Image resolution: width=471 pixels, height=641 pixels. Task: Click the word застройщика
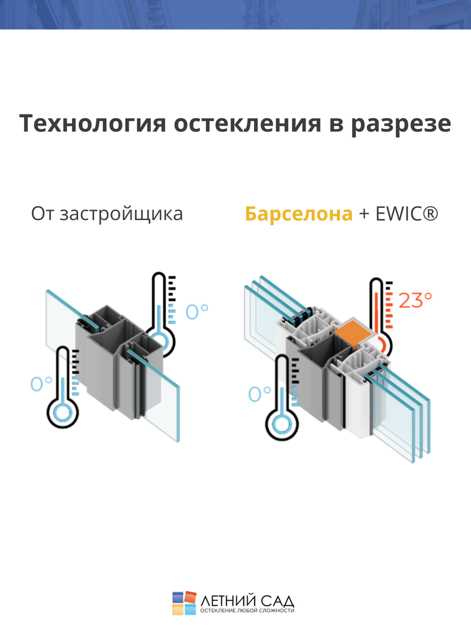click(121, 214)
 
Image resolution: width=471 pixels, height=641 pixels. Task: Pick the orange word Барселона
click(299, 214)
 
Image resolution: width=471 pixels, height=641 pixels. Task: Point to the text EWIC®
click(407, 214)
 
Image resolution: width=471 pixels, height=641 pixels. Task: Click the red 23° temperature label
click(415, 301)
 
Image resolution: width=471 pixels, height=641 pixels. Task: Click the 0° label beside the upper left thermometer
click(196, 311)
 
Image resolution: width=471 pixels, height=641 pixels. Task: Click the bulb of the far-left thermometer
click(63, 413)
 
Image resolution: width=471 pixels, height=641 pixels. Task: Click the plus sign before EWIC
click(364, 214)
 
